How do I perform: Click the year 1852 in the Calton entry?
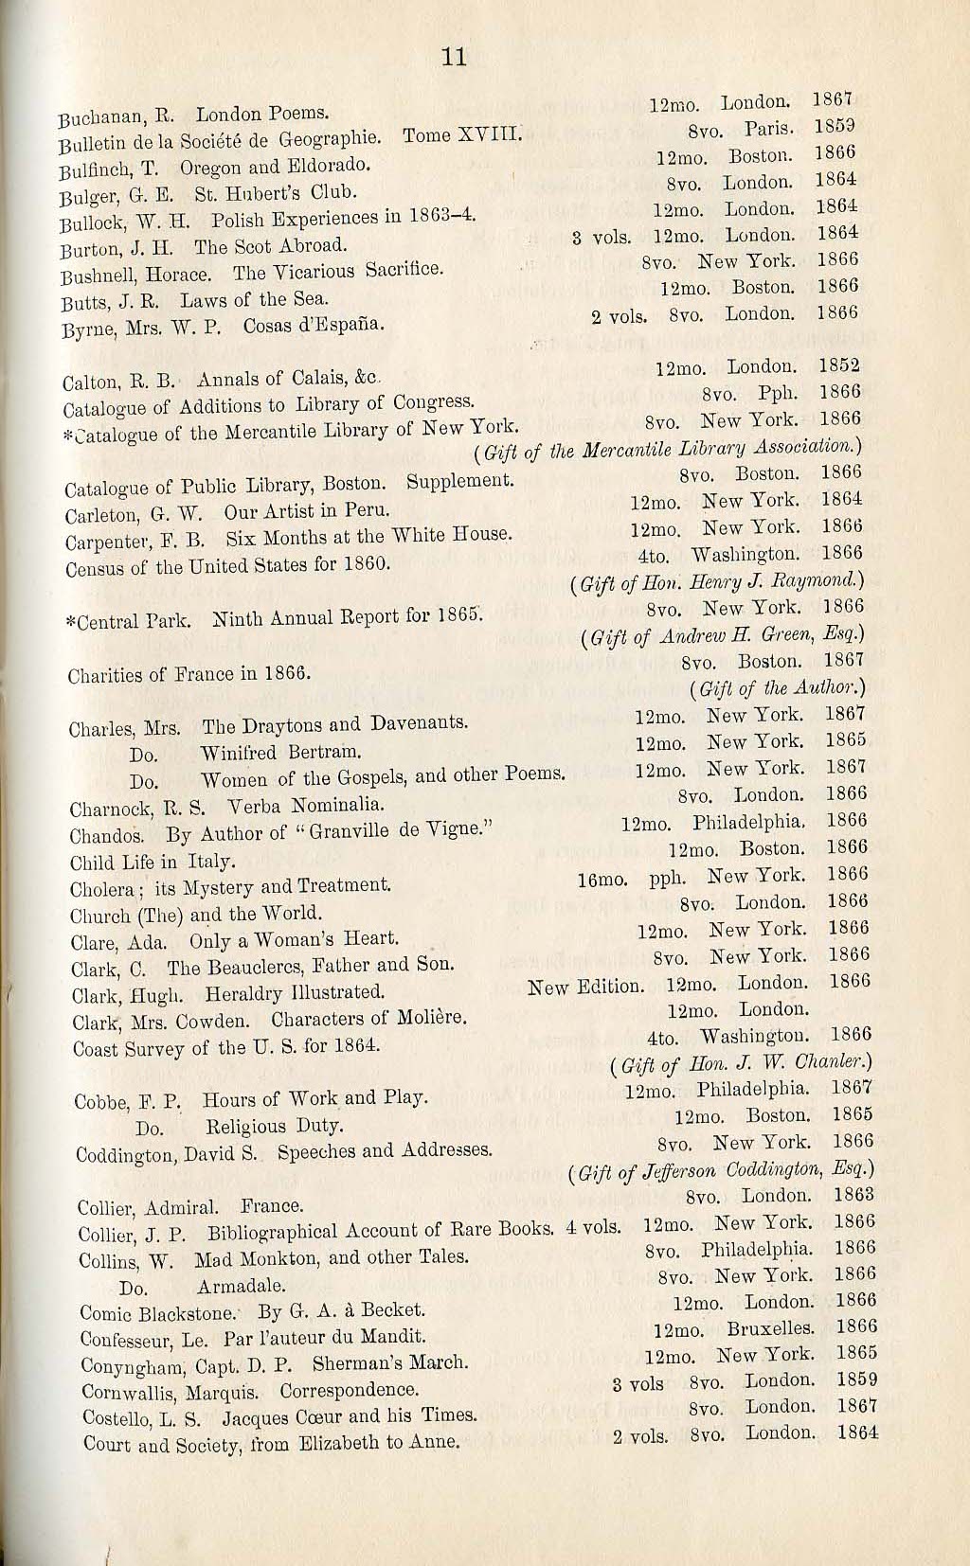840,365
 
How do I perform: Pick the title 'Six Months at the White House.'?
369,537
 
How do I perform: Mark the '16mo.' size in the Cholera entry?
602,880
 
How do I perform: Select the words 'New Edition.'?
584,987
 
